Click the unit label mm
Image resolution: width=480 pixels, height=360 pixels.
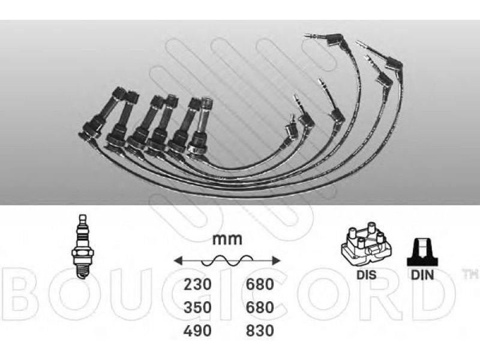(227, 239)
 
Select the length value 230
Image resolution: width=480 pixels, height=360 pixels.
(197, 284)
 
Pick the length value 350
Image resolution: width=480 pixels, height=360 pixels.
(197, 307)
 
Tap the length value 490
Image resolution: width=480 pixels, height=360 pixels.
(197, 331)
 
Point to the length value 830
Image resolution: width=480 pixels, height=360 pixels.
(260, 331)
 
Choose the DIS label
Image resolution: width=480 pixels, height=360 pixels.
(367, 275)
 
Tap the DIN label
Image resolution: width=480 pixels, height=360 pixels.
(422, 275)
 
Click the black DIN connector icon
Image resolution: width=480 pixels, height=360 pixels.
(422, 252)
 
